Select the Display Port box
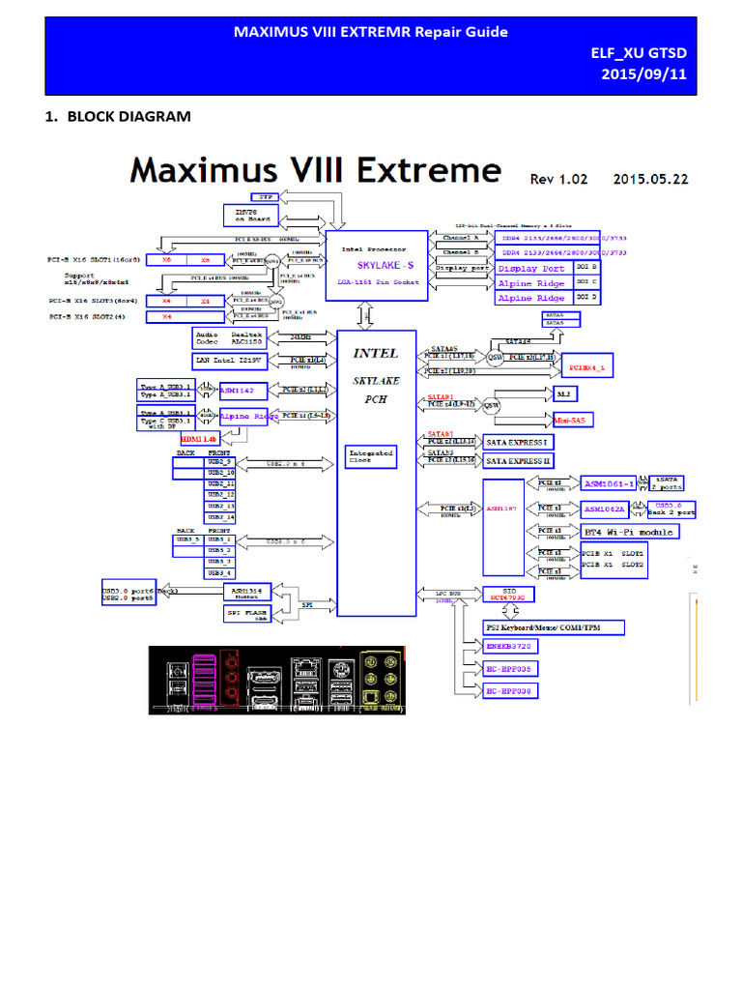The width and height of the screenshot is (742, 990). pos(530,268)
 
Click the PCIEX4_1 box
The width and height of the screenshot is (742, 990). pos(588,368)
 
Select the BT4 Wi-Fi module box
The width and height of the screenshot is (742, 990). pos(629,531)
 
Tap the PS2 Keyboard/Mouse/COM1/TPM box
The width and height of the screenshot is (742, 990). pos(553,627)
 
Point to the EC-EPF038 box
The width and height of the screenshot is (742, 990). pos(512,690)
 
